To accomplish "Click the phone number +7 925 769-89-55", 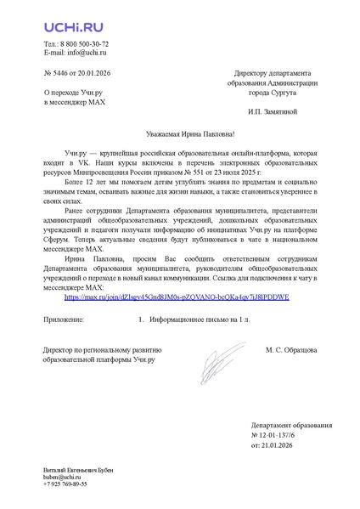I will tap(65, 485).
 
